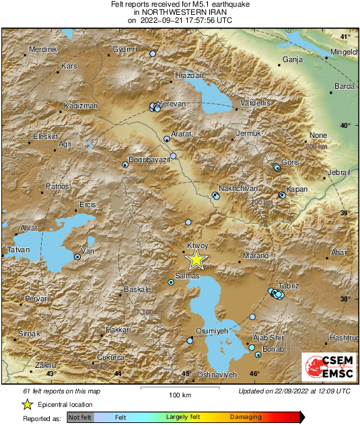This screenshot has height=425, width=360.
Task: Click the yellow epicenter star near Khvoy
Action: [196, 259]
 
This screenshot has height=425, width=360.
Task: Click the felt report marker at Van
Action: [77, 256]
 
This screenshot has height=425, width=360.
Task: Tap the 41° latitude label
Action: [345, 36]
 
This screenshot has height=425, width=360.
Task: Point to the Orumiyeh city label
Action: [212, 331]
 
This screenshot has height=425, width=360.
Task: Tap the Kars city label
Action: [69, 66]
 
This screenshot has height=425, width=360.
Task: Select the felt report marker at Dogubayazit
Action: [125, 164]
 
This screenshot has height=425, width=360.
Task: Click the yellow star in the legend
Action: [27, 404]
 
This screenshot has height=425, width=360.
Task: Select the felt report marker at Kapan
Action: [283, 196]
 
